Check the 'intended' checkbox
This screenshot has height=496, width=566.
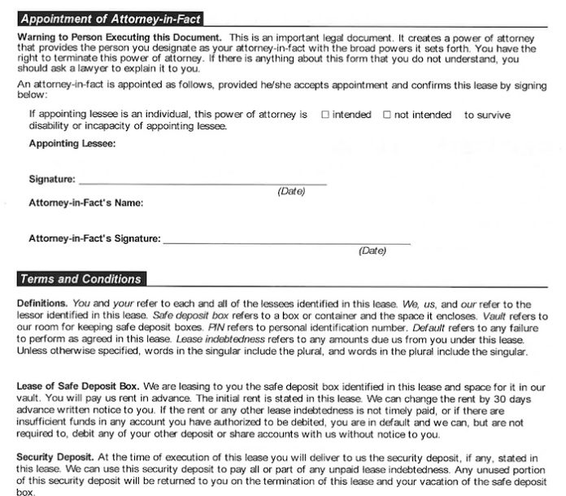[325, 115]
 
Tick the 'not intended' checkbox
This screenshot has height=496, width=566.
[387, 115]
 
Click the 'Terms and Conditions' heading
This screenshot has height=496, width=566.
[80, 279]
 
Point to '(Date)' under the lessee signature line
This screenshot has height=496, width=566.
[291, 192]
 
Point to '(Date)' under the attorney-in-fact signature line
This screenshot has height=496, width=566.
[372, 251]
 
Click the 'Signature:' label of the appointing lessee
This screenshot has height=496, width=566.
[52, 179]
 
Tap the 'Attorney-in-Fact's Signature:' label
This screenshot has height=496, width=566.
[94, 239]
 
